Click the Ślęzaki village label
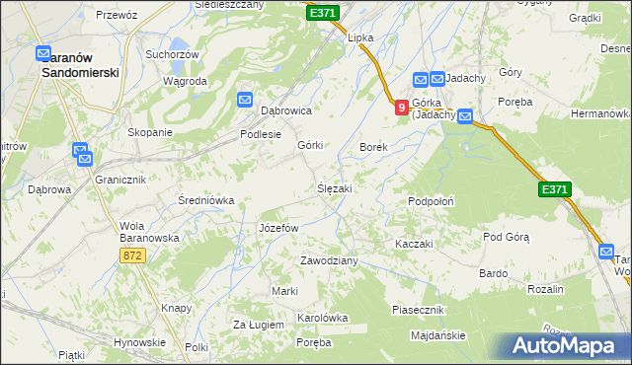[x=334, y=187]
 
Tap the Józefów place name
[x=277, y=228]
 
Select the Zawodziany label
[x=329, y=260]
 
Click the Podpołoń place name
[x=431, y=201]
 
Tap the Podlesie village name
[x=262, y=135]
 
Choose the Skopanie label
[x=150, y=132]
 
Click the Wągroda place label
[x=185, y=81]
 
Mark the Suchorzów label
[x=172, y=54]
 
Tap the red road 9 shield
[x=401, y=107]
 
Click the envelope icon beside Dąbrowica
[x=245, y=98]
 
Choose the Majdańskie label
[x=437, y=335]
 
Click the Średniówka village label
[x=205, y=200]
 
